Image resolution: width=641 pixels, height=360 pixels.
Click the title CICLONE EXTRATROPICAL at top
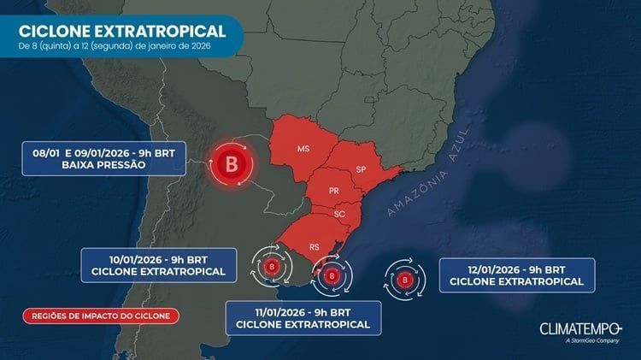[122, 31]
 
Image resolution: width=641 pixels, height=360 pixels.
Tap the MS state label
[303, 149]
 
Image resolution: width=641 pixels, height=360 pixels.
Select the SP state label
[361, 168]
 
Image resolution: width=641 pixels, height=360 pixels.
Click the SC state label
[339, 214]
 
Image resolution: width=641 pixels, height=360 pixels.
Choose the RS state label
[315, 246]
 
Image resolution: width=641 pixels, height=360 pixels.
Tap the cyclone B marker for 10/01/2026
[273, 268]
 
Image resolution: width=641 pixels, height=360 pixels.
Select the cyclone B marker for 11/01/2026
[330, 275]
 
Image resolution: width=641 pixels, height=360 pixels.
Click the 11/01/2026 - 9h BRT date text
[303, 310]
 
